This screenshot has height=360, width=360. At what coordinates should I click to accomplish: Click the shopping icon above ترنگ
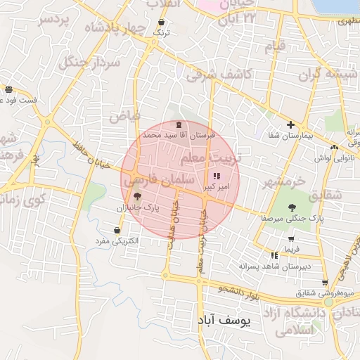coord(162,22)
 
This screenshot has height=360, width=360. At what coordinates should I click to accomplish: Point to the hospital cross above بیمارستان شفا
coord(290,124)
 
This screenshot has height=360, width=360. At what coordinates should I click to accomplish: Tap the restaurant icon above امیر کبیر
coord(216,176)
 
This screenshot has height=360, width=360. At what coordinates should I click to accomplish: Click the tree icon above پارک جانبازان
coord(136,196)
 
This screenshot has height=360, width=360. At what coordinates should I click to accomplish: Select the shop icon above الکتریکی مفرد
coord(117,230)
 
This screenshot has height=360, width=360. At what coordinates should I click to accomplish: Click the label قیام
coord(275,48)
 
